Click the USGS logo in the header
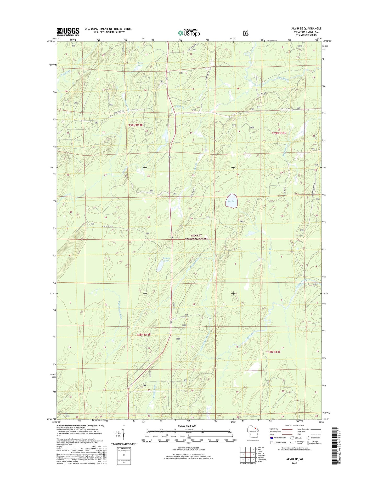tap(68, 32)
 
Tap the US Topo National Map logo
tap(189, 33)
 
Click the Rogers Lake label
tap(167, 260)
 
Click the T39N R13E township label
tap(136, 125)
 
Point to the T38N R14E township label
tap(273, 352)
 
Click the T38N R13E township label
tap(143, 335)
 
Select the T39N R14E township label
tap(279, 133)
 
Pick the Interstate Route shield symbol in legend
tap(272, 438)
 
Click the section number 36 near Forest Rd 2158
tap(191, 218)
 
